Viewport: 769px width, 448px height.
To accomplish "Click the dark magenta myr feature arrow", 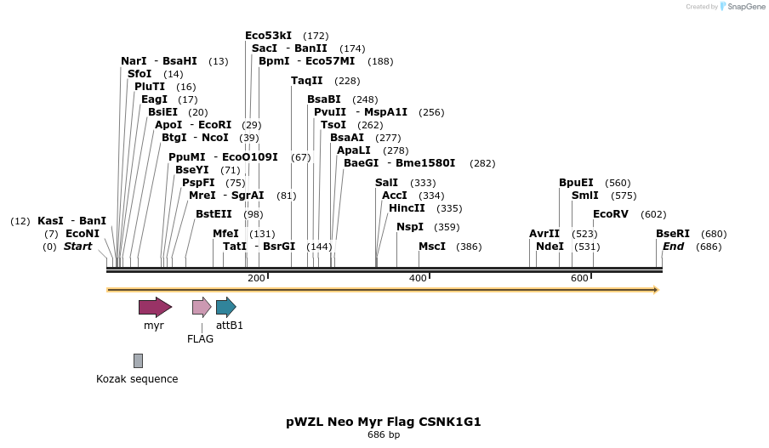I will (x=155, y=307).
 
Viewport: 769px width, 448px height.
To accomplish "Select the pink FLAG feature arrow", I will (x=202, y=307).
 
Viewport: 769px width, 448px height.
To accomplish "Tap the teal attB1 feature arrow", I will (x=225, y=307).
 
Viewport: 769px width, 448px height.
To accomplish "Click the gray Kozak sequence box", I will (x=138, y=361).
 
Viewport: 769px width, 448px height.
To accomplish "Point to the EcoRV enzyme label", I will (x=610, y=214).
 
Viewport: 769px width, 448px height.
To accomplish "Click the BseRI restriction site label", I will (x=672, y=234).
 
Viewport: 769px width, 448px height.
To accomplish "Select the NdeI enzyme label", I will (x=550, y=247).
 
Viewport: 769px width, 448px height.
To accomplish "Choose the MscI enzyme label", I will (x=431, y=247).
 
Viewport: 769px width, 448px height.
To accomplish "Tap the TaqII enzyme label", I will (x=306, y=81).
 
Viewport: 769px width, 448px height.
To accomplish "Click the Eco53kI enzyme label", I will (x=268, y=36).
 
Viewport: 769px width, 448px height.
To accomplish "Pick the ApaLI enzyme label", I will (x=353, y=150).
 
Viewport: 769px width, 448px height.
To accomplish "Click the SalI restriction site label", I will (x=386, y=183).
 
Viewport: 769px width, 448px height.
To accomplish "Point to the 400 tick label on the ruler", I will (x=418, y=279).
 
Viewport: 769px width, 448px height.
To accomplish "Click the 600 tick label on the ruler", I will (x=579, y=279).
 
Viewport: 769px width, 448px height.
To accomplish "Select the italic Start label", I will (x=77, y=247).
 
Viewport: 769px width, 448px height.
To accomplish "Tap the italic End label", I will (x=673, y=247).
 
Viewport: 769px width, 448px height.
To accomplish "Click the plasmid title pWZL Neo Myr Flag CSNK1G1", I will (x=384, y=422).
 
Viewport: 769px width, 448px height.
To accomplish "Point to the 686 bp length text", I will (x=384, y=435).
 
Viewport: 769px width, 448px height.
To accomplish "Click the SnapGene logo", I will (x=742, y=7).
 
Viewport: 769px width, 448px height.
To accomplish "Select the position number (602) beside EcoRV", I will (x=653, y=214).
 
